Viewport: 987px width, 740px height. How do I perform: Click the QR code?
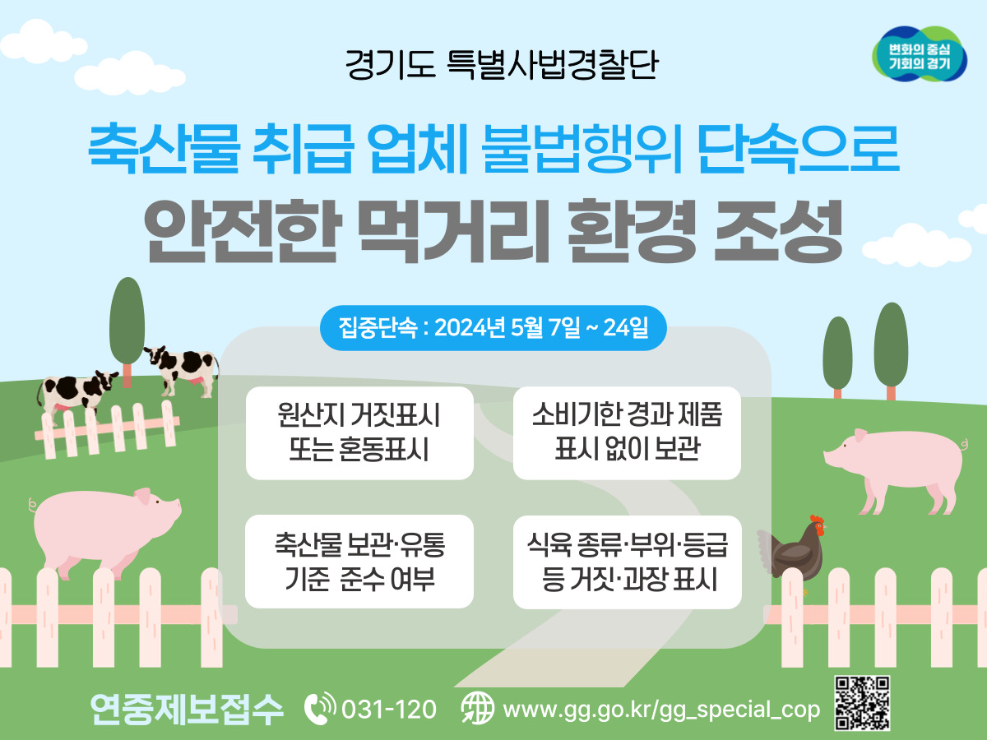coord(863,703)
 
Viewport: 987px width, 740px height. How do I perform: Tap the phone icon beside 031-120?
coord(320,709)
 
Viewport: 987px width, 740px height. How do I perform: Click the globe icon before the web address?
coord(478,709)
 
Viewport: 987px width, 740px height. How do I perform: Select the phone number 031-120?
coord(389,710)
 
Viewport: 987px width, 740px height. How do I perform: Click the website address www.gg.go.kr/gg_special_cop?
coord(661,710)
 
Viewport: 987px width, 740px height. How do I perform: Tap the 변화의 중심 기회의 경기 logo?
coord(920,54)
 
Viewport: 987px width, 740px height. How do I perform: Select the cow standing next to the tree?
coord(182,369)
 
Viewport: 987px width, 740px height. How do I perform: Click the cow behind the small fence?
coord(76,394)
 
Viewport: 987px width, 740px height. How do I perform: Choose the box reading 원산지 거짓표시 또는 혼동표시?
coord(359,433)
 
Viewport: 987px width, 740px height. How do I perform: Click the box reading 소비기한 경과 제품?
coord(627,433)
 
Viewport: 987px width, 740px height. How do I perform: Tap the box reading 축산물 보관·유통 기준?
coord(359,562)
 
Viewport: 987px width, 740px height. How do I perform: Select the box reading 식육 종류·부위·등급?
coord(628,562)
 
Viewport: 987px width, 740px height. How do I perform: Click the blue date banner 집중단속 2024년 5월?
coord(493,327)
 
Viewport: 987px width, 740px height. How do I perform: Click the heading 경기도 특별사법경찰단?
coord(502,65)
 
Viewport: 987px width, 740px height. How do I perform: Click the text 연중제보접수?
coord(187,709)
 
